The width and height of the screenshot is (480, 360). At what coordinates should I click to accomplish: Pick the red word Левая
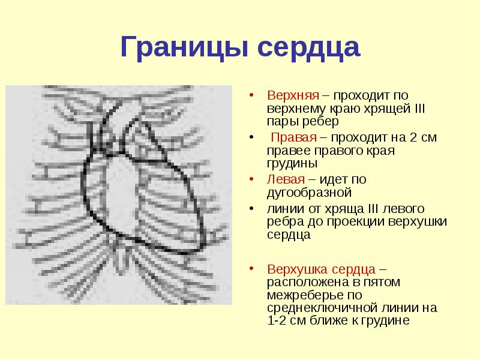pyautogui.click(x=286, y=179)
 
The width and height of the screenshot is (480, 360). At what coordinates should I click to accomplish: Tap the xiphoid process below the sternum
pyautogui.click(x=122, y=258)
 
